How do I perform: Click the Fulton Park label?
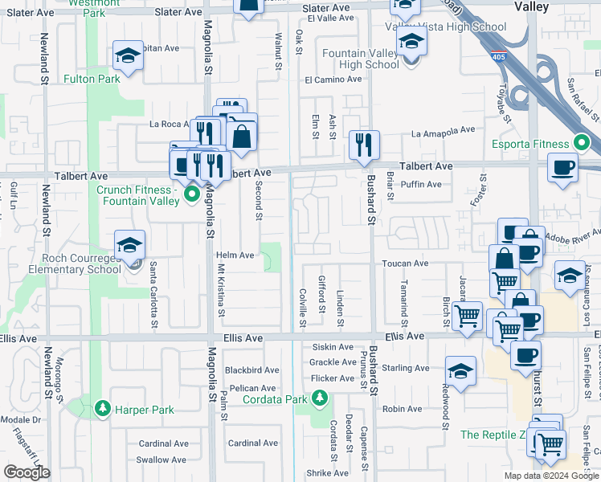tap(92, 79)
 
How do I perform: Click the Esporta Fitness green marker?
tap(583, 145)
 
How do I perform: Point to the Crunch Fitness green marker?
tap(191, 194)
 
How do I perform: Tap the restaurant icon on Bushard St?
tap(364, 144)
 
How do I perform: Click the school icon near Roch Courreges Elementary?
tap(129, 243)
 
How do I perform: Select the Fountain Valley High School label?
tap(359, 59)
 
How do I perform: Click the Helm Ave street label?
tap(235, 255)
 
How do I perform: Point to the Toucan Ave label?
tap(405, 263)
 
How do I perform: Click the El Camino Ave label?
tap(333, 80)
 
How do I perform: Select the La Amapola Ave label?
tap(443, 130)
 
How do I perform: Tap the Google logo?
tap(27, 472)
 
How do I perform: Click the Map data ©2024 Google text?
tap(550, 476)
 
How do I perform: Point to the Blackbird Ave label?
tap(251, 370)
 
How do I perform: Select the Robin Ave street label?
tap(403, 409)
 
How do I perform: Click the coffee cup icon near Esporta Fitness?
tap(563, 167)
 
